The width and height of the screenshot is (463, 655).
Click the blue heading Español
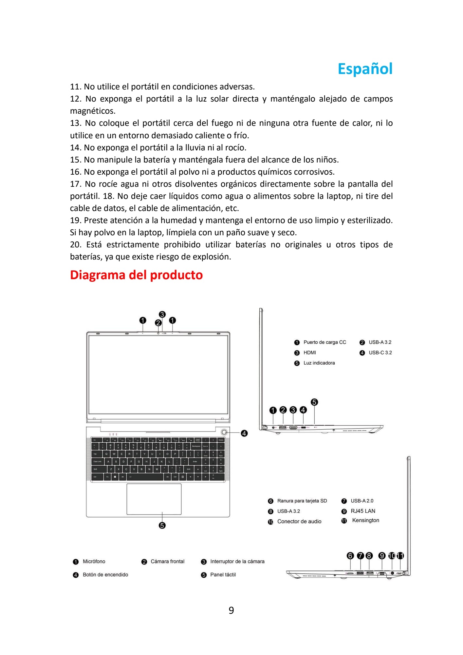coord(365,69)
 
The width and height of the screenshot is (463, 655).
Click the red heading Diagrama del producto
coord(136,275)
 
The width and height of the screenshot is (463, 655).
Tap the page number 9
coord(231,610)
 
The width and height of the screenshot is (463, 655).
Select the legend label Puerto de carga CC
coord(324,342)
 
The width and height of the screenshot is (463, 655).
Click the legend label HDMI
coord(309,353)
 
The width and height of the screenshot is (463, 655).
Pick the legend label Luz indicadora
coord(319,363)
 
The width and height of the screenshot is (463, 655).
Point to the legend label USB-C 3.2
coord(380,353)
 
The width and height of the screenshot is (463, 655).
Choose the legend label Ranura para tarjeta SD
coord(302,501)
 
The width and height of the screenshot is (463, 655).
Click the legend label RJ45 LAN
coord(363,511)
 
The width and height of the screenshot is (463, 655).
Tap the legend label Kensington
coord(365,520)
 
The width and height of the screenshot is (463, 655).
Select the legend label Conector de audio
coord(299,521)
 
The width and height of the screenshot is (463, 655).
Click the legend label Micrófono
coord(94,561)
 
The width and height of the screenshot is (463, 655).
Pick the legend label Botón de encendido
coord(105,575)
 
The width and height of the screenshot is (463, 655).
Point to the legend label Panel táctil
coord(223,575)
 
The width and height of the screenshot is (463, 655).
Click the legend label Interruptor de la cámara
coord(237,561)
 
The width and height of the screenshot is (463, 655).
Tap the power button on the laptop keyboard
coord(224,433)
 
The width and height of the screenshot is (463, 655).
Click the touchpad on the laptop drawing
coord(154,499)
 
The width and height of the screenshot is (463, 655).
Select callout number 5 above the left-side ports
coord(314,402)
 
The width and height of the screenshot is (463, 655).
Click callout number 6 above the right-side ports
coord(350,556)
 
